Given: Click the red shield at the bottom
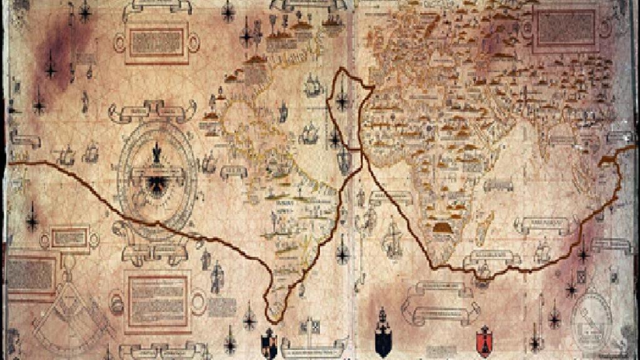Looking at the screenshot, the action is coord(483,340).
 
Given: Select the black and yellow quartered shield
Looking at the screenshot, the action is coord(269,343).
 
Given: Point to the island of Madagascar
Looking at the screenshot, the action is coord(482,227).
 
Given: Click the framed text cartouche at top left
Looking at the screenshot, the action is coord(156,42).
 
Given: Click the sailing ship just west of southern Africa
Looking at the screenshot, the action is coord(392,238).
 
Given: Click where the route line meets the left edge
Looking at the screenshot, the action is coord(10,163).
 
